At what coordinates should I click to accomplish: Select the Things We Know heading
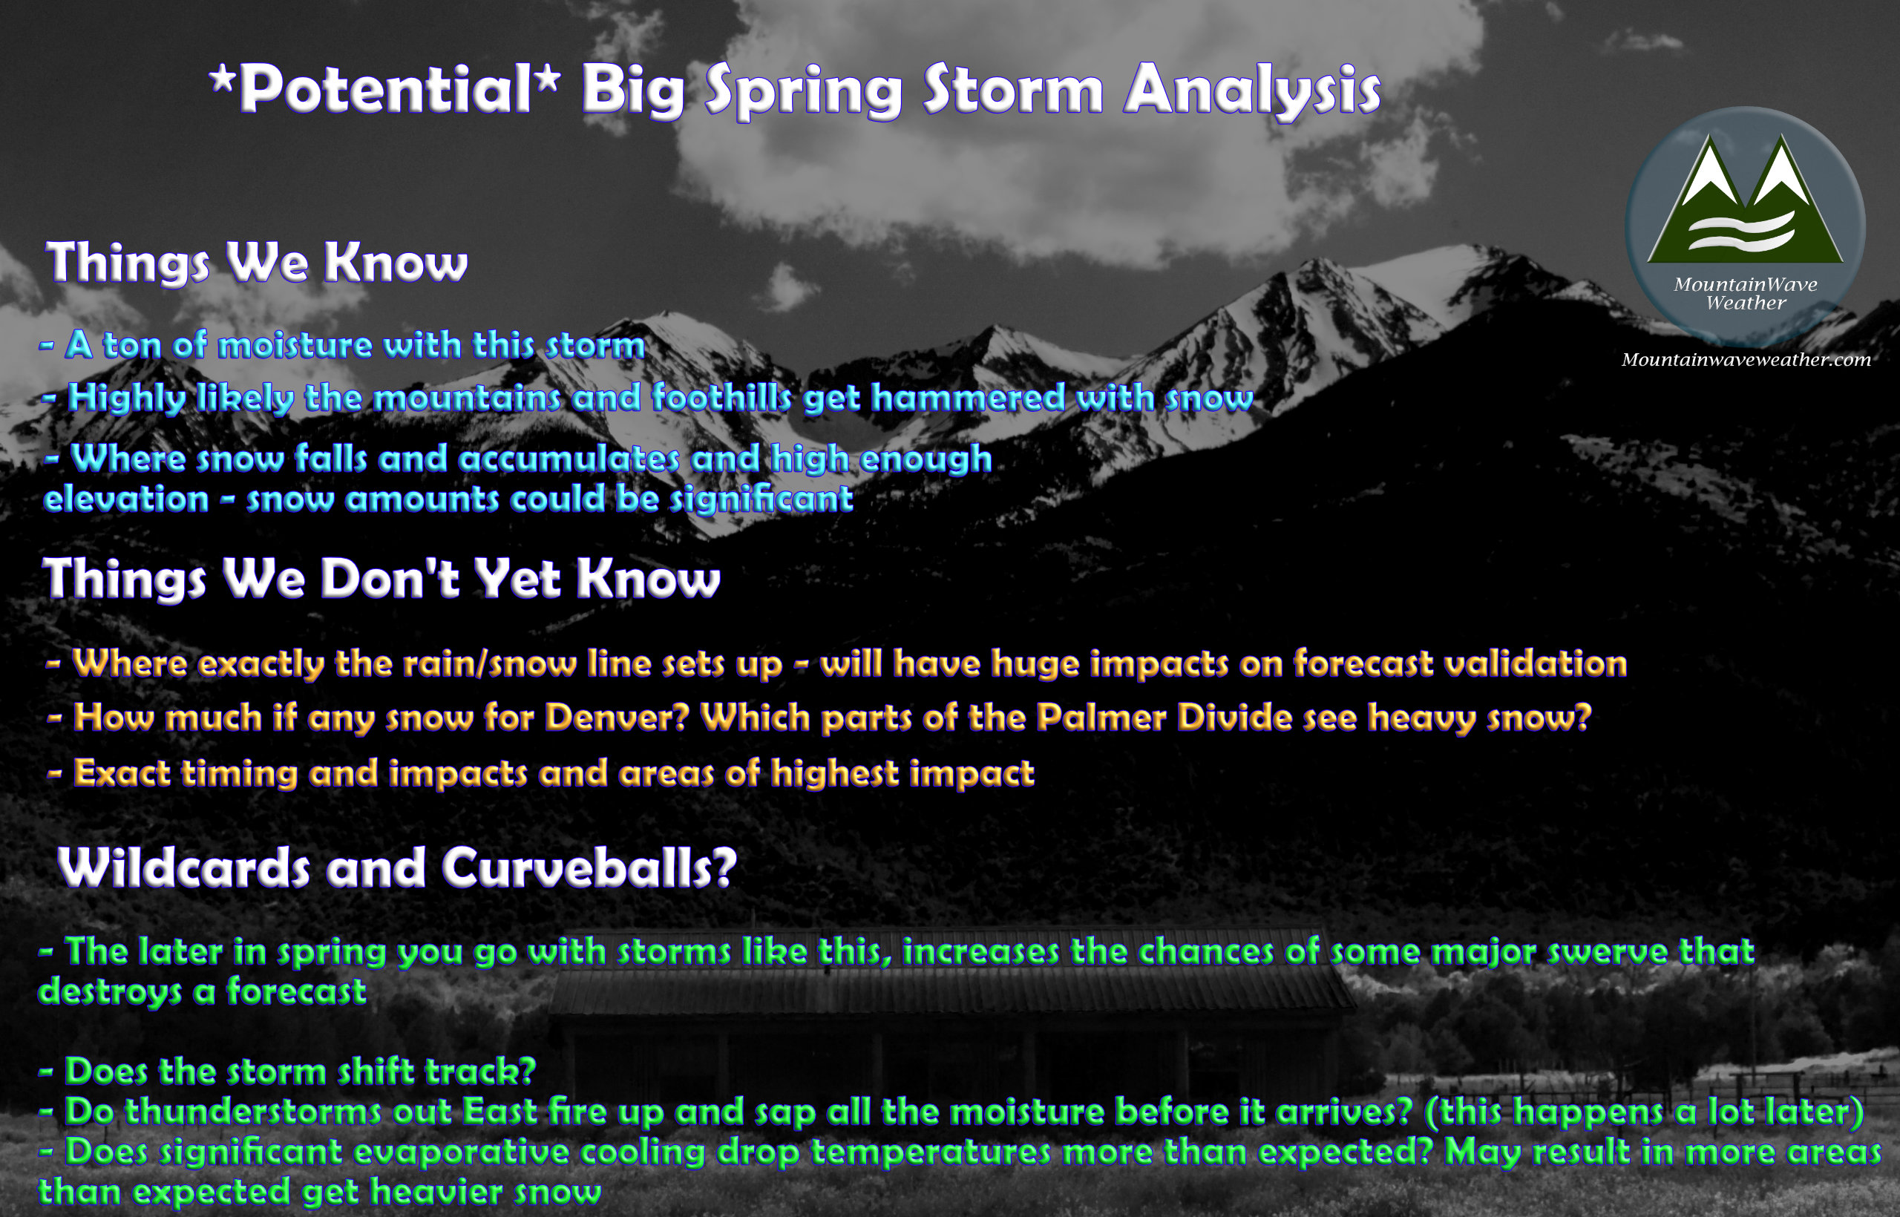click(257, 263)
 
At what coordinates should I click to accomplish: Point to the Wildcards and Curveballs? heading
click(398, 867)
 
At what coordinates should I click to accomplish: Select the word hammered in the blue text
click(968, 398)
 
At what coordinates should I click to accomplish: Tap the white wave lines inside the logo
click(1742, 232)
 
